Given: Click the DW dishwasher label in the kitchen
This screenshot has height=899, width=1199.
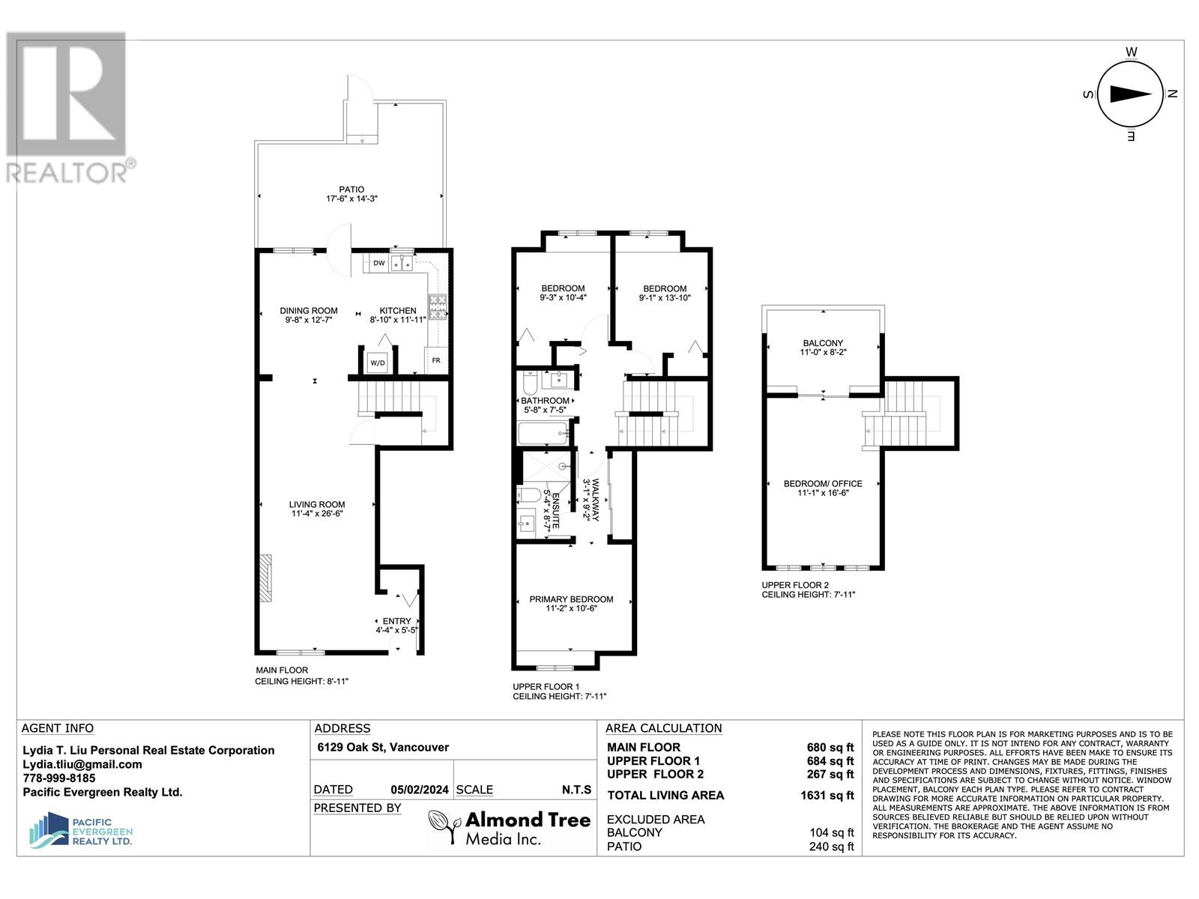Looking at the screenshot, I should click(x=378, y=263).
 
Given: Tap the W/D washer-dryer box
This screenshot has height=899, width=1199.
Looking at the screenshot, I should click(x=377, y=363).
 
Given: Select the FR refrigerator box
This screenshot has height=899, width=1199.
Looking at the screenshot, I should click(x=436, y=360).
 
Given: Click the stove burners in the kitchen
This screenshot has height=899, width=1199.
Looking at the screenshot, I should click(x=438, y=306).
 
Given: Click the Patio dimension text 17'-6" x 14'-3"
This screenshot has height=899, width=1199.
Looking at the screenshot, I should click(x=351, y=199).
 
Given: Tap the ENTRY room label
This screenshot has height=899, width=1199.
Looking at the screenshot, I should click(x=396, y=621).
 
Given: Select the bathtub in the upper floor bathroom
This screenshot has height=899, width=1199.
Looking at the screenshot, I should click(x=543, y=433).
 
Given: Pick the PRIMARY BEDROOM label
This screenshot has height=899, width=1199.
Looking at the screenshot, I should click(x=571, y=599).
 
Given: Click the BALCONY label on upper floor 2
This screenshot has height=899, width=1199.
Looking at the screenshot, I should click(x=822, y=343).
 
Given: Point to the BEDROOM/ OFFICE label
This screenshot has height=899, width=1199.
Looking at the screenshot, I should click(x=822, y=484).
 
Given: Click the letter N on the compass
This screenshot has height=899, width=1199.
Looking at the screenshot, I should click(x=1173, y=94).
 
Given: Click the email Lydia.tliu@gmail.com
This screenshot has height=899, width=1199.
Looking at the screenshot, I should click(x=82, y=764).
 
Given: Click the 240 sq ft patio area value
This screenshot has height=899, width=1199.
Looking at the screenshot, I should click(x=831, y=847).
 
